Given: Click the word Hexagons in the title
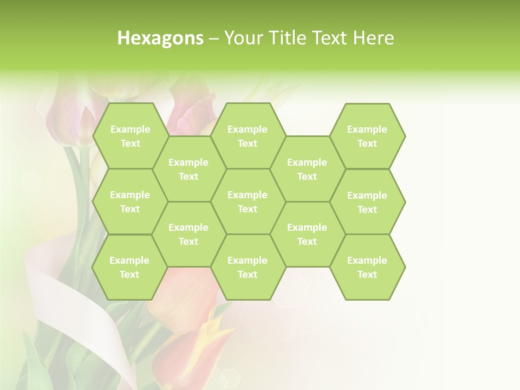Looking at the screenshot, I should (x=160, y=38).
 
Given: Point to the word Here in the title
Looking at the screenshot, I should (x=373, y=38).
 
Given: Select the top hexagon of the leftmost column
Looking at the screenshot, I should (x=130, y=136).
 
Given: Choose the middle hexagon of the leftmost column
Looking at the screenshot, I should (x=130, y=201).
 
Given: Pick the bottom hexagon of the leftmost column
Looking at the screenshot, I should (x=129, y=267).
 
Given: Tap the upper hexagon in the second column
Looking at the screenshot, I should (x=188, y=169).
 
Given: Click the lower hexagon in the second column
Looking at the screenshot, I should (x=188, y=234).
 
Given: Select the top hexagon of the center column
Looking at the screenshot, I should (x=248, y=136).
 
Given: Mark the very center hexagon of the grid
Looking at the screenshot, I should (x=248, y=201).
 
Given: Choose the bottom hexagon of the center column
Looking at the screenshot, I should (x=248, y=267).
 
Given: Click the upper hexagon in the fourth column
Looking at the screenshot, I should (x=307, y=169).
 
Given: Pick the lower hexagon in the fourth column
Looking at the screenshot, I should (x=307, y=234).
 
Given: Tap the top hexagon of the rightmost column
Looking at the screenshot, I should (x=367, y=136).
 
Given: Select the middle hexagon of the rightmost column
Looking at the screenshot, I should (x=367, y=202).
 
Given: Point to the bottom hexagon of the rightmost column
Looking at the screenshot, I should (x=367, y=267).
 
